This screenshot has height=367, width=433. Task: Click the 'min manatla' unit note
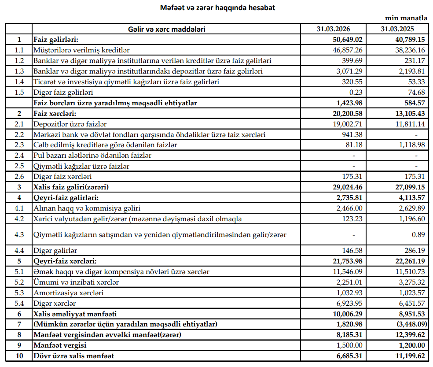(406, 18)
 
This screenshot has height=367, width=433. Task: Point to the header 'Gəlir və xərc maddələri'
(166, 29)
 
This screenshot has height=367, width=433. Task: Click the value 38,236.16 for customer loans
(407, 50)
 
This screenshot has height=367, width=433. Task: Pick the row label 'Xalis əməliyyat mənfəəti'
(75, 314)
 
